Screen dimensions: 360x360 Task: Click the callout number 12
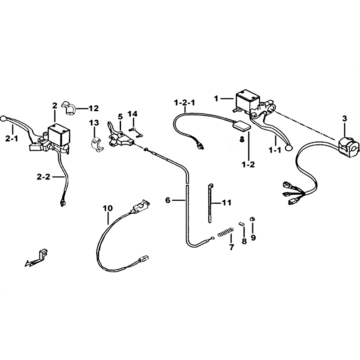[94, 108]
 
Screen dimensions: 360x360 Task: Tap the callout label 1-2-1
[184, 103]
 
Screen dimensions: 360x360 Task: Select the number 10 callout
[108, 208]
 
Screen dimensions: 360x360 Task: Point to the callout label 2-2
[43, 177]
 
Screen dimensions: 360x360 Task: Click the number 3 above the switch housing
[345, 119]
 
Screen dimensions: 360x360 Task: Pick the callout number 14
[133, 114]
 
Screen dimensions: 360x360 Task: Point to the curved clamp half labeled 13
[96, 145]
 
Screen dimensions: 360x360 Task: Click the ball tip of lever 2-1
[3, 119]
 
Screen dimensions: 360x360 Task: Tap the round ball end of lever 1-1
[288, 148]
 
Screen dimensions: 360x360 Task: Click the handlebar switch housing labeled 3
[349, 147]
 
